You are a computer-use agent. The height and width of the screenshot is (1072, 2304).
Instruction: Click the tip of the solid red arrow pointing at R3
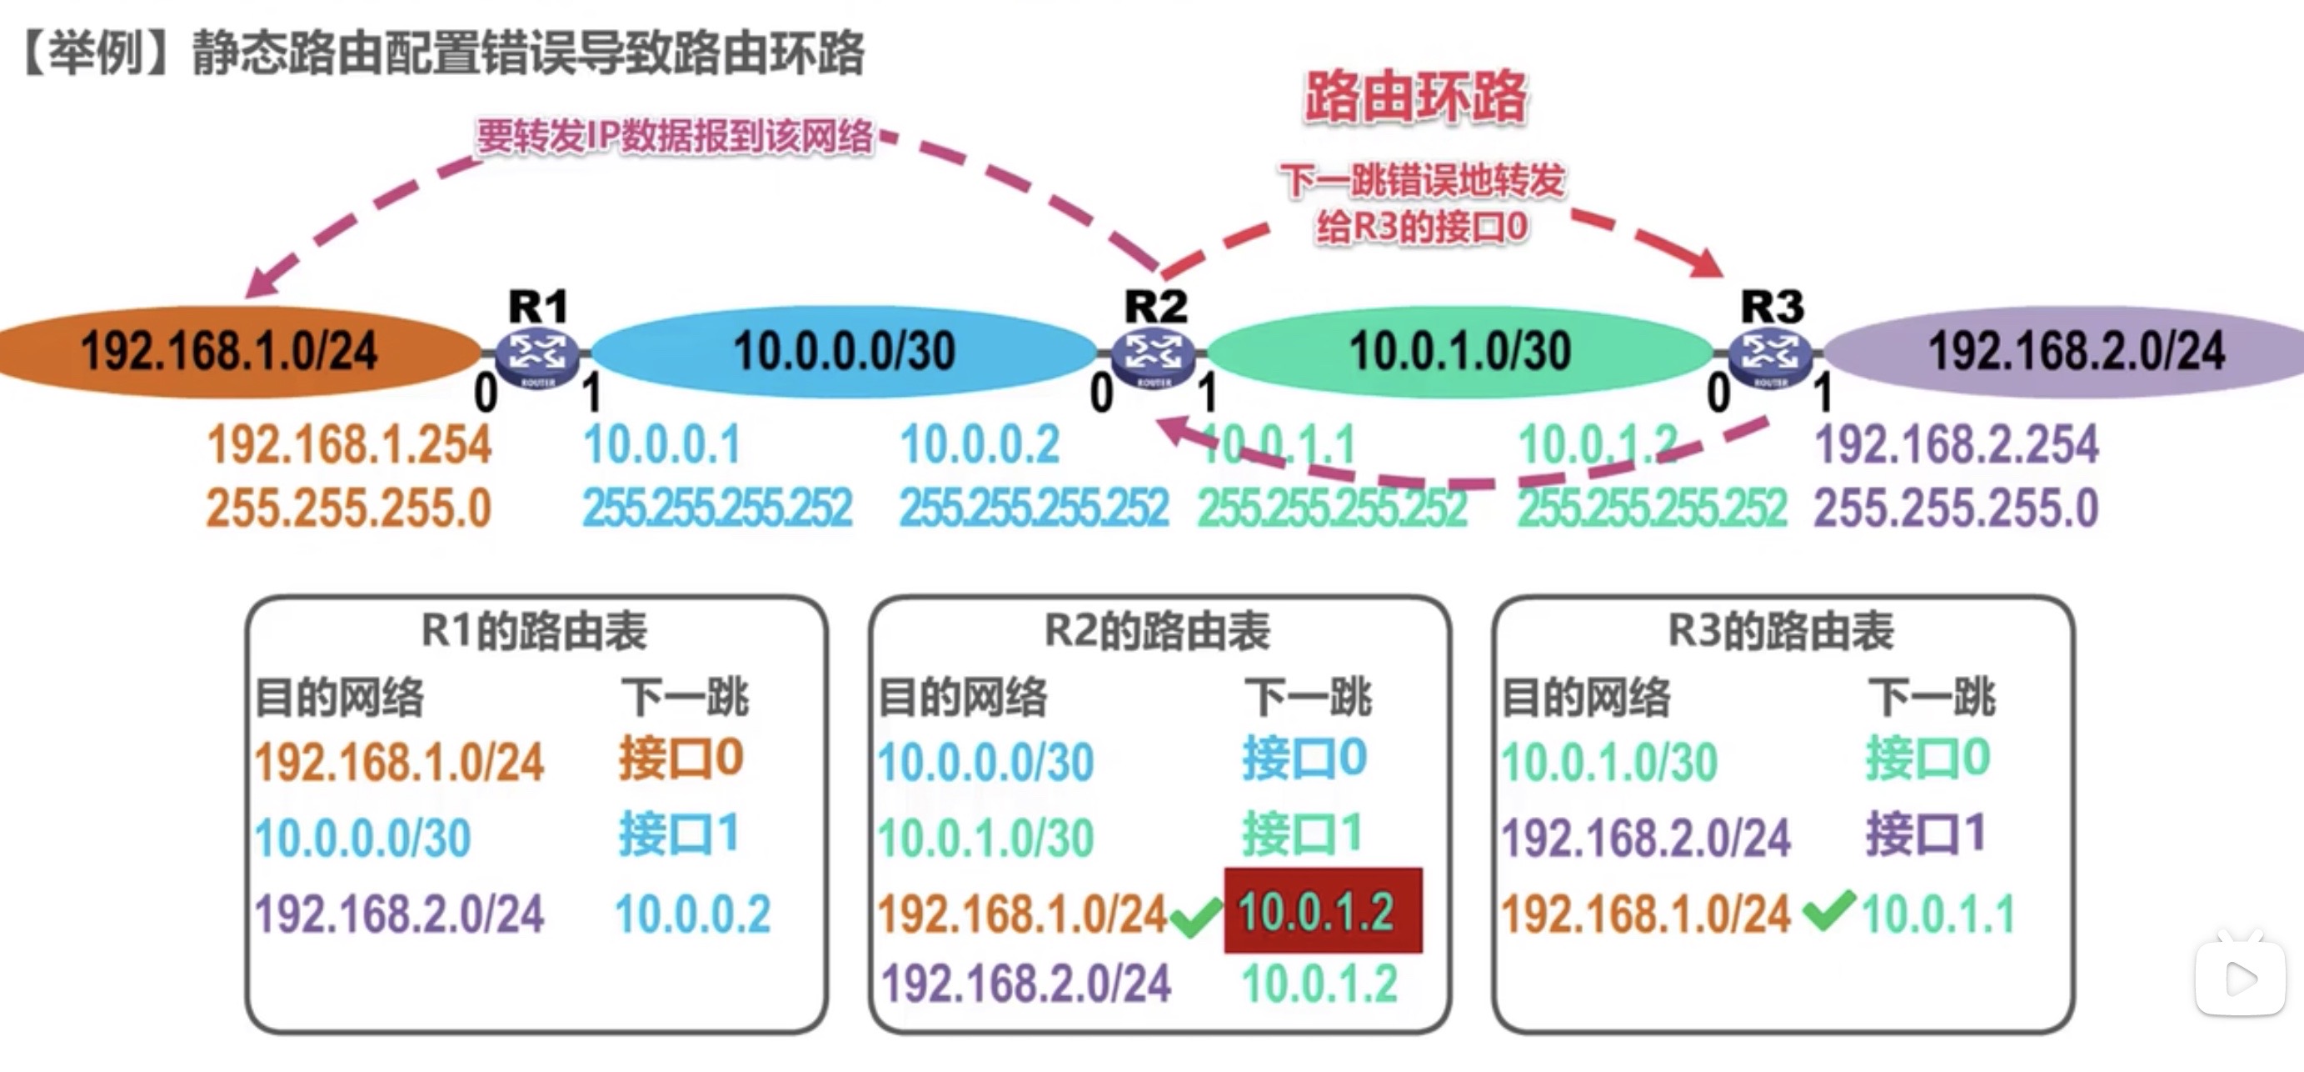pos(1722,275)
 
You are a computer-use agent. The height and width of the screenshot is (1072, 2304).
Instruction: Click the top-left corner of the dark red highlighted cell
pos(1224,868)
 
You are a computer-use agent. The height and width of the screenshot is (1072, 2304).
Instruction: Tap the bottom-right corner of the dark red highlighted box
pos(1423,952)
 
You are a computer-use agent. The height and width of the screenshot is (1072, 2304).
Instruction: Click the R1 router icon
pos(536,355)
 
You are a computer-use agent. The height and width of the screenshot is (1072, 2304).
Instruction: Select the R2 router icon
pos(1154,357)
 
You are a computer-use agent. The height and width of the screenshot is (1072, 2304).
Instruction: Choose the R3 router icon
pos(1769,357)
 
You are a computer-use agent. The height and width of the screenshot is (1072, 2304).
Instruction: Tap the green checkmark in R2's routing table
pos(1196,914)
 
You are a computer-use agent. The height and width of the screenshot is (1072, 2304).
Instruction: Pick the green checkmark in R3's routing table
pos(1829,910)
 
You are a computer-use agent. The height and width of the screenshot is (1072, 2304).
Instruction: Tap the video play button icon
pos(2241,977)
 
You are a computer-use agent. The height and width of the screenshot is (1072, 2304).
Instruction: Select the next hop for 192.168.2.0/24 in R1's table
pos(692,914)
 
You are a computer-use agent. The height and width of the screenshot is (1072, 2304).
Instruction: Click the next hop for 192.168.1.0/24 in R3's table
pos(1939,914)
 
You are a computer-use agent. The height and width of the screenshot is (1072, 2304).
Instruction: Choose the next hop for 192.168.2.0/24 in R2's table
pos(1319,984)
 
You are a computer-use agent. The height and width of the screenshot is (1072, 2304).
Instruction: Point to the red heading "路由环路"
pos(1416,97)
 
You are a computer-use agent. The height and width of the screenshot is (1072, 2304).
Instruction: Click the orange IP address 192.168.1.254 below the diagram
pos(350,445)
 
